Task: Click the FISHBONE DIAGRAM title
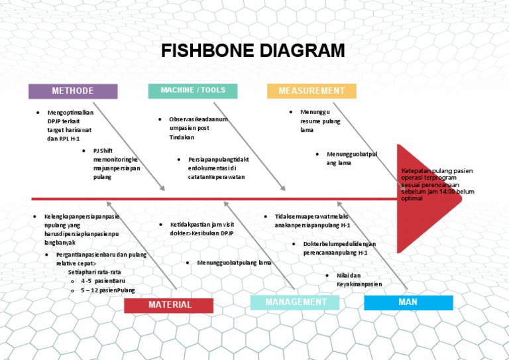[253, 52]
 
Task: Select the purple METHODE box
[73, 91]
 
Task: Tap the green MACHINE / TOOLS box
[193, 91]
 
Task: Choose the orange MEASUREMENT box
[311, 91]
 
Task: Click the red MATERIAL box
[169, 305]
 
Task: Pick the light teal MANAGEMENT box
[296, 302]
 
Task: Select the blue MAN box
[408, 302]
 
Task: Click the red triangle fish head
[424, 189]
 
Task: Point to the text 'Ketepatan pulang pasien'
[437, 171]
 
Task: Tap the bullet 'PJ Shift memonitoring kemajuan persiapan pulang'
[115, 164]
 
